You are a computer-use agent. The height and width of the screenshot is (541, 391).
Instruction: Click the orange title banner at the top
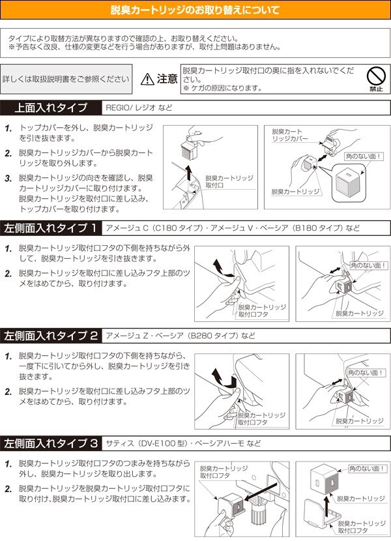[195, 10]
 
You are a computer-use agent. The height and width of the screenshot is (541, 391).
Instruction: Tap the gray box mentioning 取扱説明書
[66, 79]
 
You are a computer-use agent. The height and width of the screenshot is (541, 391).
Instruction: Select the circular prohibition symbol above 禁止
[375, 74]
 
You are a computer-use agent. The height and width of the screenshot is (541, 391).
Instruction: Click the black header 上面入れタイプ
[50, 108]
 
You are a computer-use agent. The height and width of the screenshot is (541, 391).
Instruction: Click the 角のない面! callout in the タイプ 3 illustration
[368, 469]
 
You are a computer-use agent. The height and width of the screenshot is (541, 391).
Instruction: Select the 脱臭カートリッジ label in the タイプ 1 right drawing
[360, 314]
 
